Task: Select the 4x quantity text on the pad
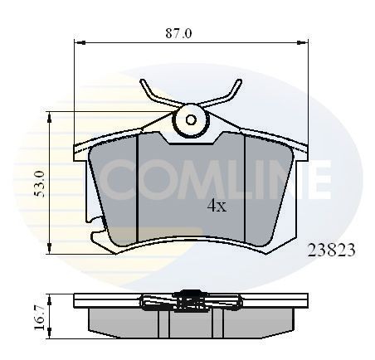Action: coord(216,207)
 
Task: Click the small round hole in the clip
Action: coord(191,119)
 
